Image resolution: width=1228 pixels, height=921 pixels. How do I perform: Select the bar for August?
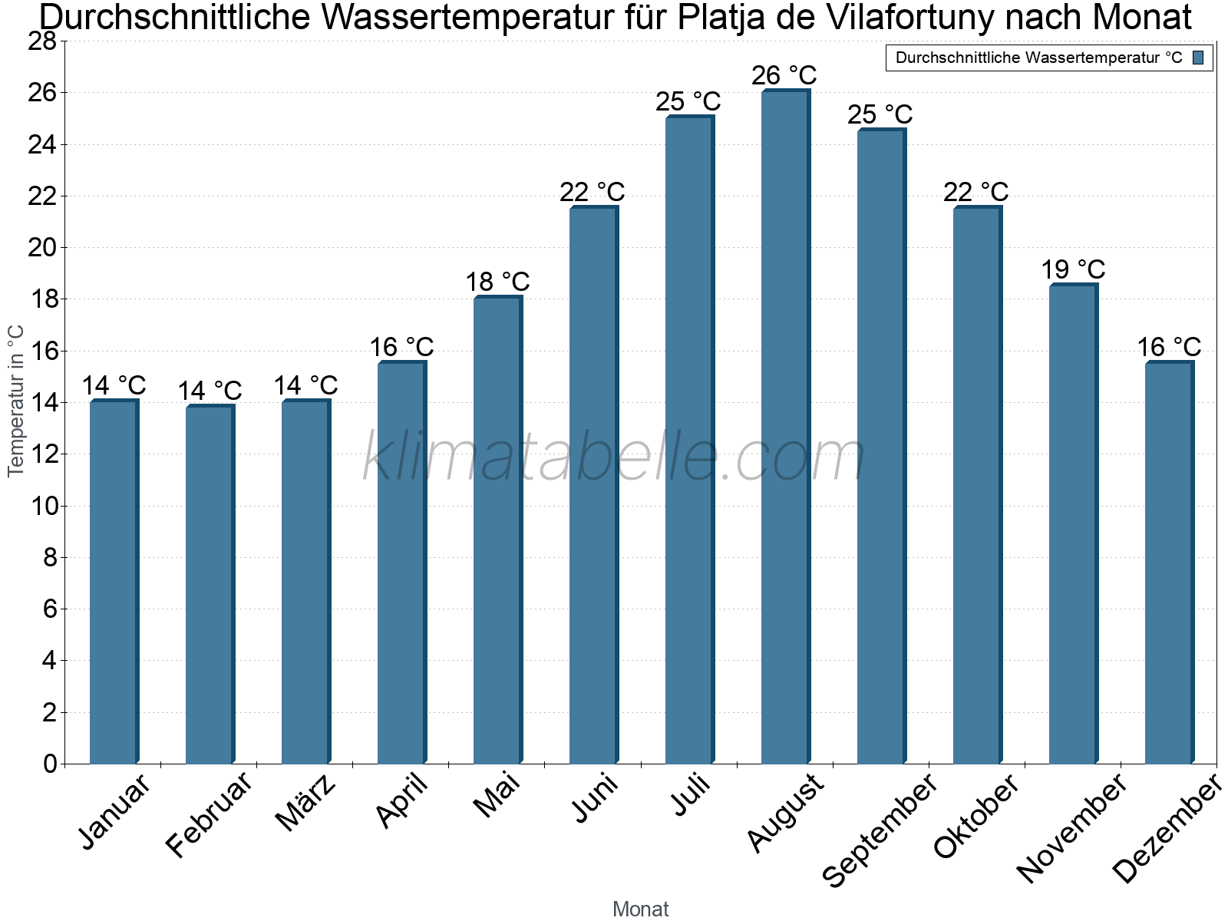click(x=785, y=426)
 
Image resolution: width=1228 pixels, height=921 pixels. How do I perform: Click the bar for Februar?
click(x=210, y=584)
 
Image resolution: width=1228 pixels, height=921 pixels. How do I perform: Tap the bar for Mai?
click(x=498, y=530)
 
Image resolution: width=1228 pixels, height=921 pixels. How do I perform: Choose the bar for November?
click(x=1074, y=523)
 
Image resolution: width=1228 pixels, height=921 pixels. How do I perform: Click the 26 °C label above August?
click(x=784, y=75)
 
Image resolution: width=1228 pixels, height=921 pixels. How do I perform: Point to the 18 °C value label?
click(x=497, y=281)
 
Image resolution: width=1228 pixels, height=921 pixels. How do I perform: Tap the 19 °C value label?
click(x=1073, y=269)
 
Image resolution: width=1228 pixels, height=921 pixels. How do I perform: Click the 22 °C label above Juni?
click(x=592, y=192)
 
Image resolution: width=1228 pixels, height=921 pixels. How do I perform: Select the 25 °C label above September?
click(x=880, y=114)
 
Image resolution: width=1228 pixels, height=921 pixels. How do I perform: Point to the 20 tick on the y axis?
click(x=42, y=247)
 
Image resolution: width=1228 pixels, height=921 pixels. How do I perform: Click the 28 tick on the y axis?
click(x=42, y=41)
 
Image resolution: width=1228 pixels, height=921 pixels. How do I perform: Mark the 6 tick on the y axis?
click(x=51, y=609)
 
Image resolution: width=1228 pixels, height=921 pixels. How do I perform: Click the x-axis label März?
click(x=305, y=803)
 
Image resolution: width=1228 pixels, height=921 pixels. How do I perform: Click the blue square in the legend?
click(x=1198, y=58)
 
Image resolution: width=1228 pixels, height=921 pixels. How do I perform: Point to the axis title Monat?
click(x=641, y=909)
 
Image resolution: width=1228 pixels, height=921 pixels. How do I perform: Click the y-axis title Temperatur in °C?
click(x=15, y=401)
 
